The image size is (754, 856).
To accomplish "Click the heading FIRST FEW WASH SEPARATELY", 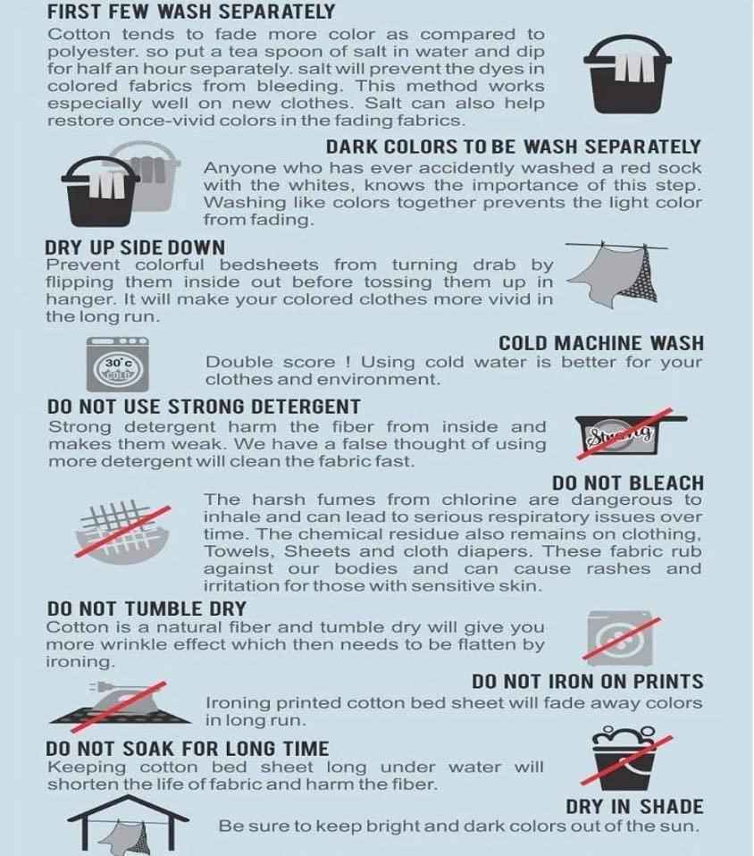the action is coord(191,12).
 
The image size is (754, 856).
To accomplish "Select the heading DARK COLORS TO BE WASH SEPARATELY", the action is coord(513,147).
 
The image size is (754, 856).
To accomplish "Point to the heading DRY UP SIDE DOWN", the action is coord(135,248).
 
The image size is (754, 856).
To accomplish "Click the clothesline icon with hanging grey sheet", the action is coord(616,273).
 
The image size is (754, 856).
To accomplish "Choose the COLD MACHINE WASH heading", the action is coord(601,343).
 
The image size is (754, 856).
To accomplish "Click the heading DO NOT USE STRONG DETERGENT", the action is coord(204,407).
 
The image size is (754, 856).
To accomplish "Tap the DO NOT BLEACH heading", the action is coord(628,483).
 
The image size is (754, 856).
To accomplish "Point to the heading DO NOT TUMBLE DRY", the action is coord(147,608).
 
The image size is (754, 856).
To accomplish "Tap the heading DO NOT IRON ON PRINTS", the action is coord(588,681).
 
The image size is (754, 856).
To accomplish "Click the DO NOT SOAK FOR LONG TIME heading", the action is coord(188,749).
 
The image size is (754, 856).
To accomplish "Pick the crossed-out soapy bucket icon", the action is coord(625,758).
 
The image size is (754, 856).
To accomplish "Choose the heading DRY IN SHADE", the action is coord(634,806).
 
